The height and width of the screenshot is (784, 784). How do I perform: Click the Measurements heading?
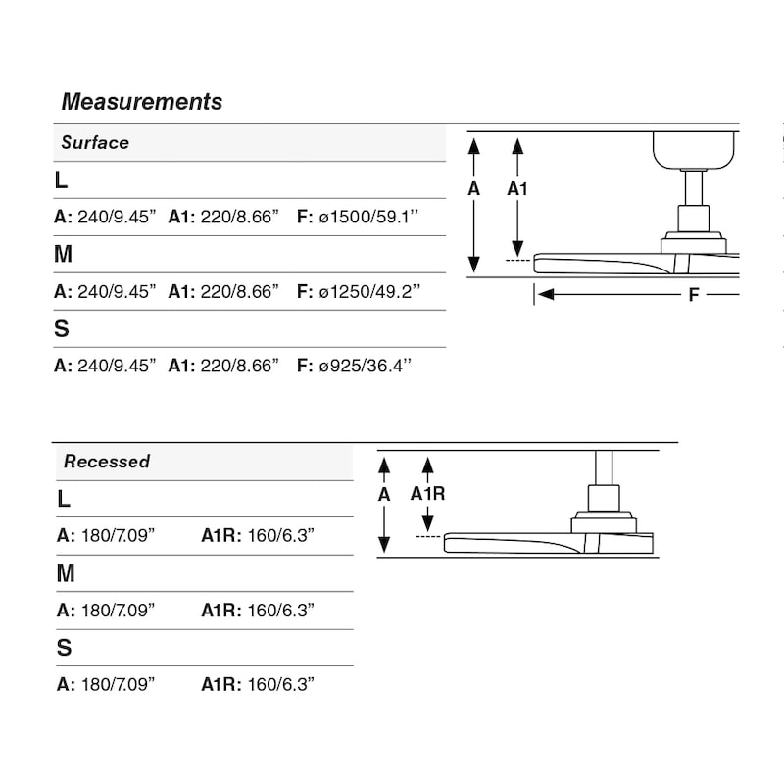click(x=141, y=102)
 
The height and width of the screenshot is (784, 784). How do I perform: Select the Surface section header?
click(x=95, y=142)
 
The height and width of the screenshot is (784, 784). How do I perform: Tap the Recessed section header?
click(x=107, y=461)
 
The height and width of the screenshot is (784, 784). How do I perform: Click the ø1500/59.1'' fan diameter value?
click(x=368, y=217)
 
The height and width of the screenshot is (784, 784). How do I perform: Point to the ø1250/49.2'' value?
click(x=369, y=291)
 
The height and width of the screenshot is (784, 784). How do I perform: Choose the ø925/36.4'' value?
click(x=365, y=366)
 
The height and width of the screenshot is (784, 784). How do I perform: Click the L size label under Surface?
click(x=61, y=180)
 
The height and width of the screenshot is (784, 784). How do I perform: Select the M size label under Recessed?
click(x=66, y=573)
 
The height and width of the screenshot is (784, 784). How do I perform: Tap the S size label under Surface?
click(x=62, y=328)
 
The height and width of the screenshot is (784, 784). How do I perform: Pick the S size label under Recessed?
click(x=64, y=648)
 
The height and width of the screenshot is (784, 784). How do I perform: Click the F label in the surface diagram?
click(x=694, y=295)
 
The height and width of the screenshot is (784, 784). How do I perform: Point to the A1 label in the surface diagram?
click(x=517, y=189)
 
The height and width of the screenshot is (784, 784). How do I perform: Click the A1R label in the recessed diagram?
click(x=427, y=494)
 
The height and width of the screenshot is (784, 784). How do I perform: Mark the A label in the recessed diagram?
click(x=384, y=495)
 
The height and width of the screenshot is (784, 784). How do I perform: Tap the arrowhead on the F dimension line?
click(x=546, y=295)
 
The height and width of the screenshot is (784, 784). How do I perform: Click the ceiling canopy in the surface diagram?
click(x=694, y=150)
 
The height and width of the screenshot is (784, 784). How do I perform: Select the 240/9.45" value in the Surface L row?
click(x=117, y=217)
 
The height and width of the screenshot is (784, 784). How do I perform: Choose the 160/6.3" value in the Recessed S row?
click(x=281, y=684)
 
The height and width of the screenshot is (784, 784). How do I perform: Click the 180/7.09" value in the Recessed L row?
click(x=118, y=535)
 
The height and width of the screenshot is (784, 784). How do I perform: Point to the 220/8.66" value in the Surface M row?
click(x=239, y=291)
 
